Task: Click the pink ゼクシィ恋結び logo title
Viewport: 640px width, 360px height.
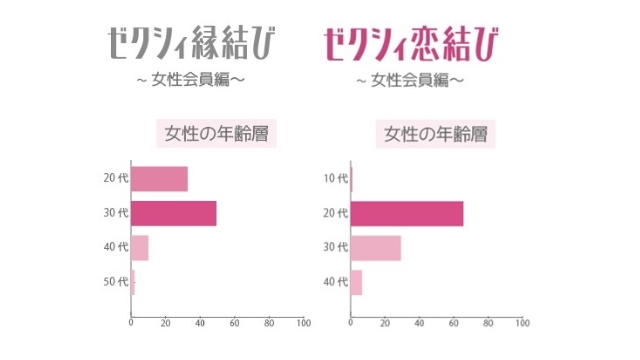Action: click(413, 43)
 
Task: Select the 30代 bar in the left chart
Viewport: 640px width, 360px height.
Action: click(174, 213)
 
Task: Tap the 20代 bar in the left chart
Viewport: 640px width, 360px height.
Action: click(160, 179)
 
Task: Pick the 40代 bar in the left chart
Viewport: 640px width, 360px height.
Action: click(140, 247)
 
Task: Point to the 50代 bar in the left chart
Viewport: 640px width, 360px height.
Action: click(133, 282)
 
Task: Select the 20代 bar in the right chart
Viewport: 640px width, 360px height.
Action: click(407, 213)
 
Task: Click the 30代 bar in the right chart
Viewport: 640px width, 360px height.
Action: click(376, 247)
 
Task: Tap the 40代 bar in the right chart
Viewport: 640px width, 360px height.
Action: click(356, 282)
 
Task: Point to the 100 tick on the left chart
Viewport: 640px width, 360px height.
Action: click(303, 324)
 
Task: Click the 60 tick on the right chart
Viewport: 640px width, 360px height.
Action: click(453, 324)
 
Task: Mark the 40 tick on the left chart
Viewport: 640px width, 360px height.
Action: click(200, 324)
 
